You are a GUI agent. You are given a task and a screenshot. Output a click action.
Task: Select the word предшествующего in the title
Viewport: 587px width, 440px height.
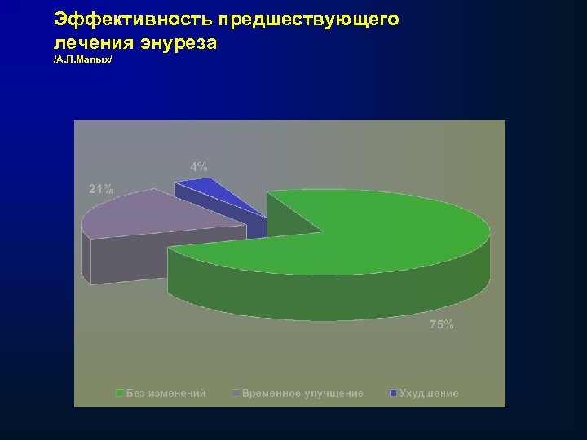tap(309, 20)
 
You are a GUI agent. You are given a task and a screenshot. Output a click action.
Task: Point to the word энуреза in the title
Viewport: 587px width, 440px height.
tap(179, 42)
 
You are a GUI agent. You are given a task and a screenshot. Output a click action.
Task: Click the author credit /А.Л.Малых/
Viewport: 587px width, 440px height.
tap(82, 62)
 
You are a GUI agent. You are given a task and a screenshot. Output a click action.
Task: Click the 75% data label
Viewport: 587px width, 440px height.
tap(442, 325)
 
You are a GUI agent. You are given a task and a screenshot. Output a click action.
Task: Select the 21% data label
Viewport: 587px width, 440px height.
tap(101, 189)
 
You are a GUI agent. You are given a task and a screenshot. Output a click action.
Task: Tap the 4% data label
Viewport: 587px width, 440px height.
tap(199, 166)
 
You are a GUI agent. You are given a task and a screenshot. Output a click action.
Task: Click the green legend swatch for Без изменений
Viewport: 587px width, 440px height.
tap(120, 394)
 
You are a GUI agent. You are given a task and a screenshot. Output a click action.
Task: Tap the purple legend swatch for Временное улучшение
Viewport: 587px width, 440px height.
tap(236, 394)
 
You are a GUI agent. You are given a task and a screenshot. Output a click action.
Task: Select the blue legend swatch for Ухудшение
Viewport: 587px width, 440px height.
tap(394, 394)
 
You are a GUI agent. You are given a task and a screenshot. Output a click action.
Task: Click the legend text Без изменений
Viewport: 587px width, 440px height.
tap(166, 394)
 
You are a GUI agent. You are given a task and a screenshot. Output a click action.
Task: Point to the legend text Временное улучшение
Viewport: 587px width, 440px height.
tap(302, 394)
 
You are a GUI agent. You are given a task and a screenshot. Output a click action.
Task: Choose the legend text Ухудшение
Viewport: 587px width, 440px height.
tap(429, 394)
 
